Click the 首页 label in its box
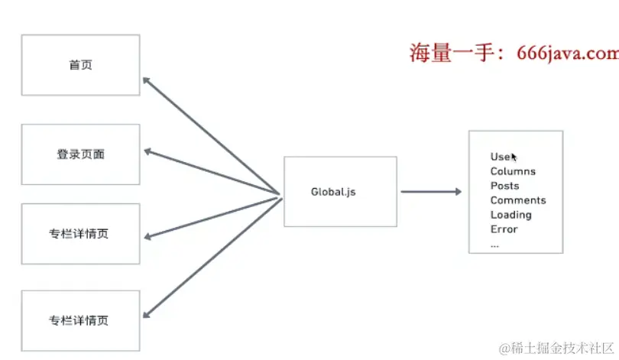80,66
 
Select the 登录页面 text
80,154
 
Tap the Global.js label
333,192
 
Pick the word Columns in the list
513,171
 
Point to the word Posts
504,186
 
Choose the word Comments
518,200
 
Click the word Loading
510,215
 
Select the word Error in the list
504,229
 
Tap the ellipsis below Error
494,245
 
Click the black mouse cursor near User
515,157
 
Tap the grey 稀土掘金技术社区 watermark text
559,348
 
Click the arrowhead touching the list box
457,192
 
